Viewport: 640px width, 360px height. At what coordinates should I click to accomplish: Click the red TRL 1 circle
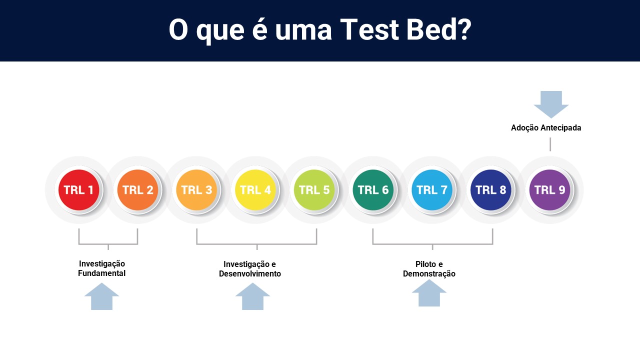pos(79,190)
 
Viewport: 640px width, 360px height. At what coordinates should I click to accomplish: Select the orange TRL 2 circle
pos(137,190)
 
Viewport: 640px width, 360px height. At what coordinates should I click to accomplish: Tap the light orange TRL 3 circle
pos(196,190)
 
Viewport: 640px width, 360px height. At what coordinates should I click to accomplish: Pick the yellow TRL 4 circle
pos(255,190)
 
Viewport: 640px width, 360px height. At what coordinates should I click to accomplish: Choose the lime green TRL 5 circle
pos(314,190)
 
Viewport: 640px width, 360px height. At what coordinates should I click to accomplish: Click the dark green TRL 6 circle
pos(373,190)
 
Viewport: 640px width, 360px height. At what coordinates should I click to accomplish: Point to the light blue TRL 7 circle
pos(432,190)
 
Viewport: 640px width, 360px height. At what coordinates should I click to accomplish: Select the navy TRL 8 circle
pos(491,190)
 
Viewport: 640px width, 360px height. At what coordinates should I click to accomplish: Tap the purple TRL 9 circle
pos(549,190)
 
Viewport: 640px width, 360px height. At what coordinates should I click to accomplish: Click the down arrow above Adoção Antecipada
pos(551,104)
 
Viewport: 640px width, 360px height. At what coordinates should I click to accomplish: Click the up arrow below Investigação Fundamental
pos(101,296)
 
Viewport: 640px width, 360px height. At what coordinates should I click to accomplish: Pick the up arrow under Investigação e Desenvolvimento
pos(252,296)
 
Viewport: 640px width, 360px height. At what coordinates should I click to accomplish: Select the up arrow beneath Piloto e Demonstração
pos(429,293)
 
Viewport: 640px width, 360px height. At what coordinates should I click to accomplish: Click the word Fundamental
pos(101,273)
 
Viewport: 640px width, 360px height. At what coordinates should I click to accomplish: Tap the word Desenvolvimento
pos(250,273)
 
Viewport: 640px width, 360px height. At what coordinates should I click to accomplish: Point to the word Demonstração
pos(429,273)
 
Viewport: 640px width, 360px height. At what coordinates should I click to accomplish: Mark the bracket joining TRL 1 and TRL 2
pos(108,244)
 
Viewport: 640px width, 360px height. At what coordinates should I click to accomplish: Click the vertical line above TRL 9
pos(550,144)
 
